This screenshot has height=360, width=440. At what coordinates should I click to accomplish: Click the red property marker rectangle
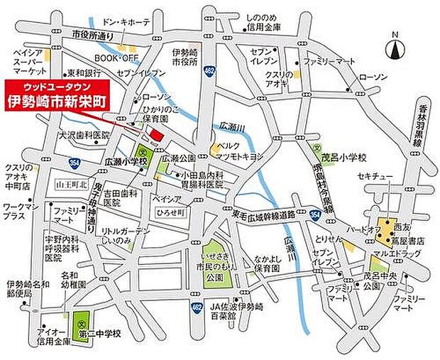coord(155,134)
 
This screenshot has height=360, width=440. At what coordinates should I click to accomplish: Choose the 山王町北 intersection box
coord(70,185)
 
